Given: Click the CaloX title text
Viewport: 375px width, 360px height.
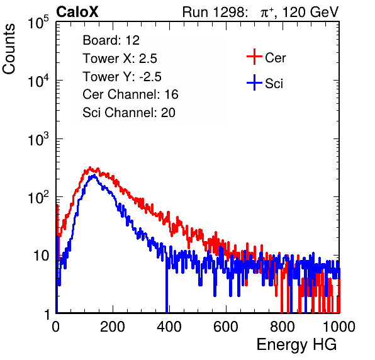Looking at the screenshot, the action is tap(77, 12).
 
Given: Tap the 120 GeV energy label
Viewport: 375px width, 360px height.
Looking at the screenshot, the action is tap(311, 12).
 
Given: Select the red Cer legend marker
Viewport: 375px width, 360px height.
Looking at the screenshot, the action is tap(254, 57).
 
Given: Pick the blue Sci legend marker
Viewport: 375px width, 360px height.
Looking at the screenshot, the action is tap(254, 83).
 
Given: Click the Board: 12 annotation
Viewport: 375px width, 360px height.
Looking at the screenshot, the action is tap(111, 40).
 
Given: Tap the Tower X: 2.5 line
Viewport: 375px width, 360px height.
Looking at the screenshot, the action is tap(120, 59).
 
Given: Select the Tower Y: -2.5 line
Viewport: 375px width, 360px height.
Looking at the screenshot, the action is tap(122, 77).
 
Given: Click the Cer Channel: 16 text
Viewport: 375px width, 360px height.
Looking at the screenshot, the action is tap(130, 94).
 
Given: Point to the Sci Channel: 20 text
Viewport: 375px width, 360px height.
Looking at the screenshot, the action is tap(129, 113).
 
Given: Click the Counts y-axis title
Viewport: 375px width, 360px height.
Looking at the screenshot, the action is tap(9, 49).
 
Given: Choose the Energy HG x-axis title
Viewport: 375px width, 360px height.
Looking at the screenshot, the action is tap(296, 345).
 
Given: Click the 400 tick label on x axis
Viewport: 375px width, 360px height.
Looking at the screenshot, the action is tap(169, 327).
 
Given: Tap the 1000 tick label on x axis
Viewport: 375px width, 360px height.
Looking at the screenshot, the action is tap(339, 327).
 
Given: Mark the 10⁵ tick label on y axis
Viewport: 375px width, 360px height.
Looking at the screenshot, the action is tap(38, 23).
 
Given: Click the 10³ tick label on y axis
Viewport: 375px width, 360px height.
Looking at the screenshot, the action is tap(38, 139).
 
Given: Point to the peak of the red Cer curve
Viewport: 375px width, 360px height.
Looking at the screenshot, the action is tap(90, 167).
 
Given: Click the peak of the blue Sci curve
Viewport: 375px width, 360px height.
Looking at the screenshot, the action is tap(94, 176).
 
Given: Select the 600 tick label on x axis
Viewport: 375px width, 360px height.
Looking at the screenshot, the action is tap(226, 327).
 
